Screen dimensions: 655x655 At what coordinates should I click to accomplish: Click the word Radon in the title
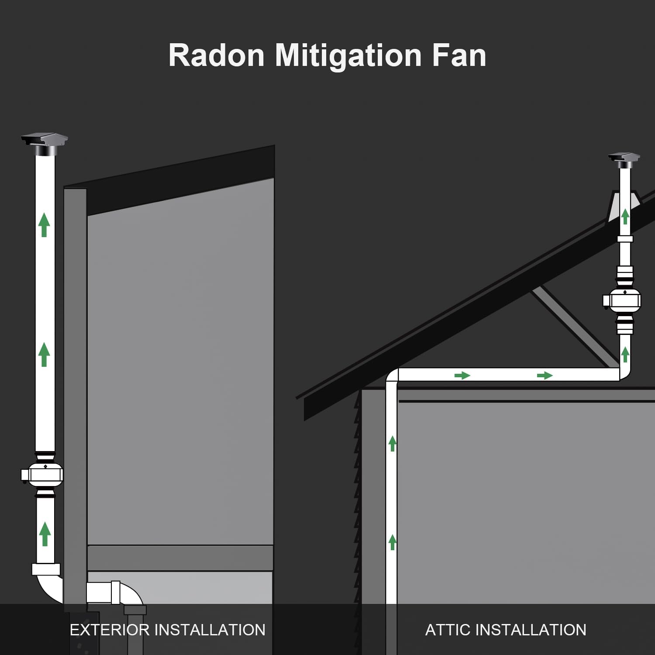pos(217,55)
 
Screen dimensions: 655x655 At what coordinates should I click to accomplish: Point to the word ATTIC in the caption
pos(447,630)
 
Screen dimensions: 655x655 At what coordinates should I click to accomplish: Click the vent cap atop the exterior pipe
pos(45,144)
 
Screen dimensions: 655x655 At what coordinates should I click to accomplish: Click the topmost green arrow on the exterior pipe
pos(44,224)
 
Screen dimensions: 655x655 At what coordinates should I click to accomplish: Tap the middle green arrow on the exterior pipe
pos(44,354)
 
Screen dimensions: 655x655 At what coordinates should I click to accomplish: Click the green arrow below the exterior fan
pos(45,534)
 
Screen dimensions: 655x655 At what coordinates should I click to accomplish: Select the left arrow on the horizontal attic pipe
pos(462,375)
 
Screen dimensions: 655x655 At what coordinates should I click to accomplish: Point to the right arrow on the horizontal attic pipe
pos(545,375)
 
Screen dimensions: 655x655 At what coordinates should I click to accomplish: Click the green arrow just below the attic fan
pos(625,354)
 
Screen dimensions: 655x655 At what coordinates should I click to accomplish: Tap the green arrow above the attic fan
pos(625,216)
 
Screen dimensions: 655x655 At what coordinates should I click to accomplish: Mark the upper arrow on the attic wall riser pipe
pos(393,443)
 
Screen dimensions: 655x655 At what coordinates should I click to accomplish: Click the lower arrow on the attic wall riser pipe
pos(393,542)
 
